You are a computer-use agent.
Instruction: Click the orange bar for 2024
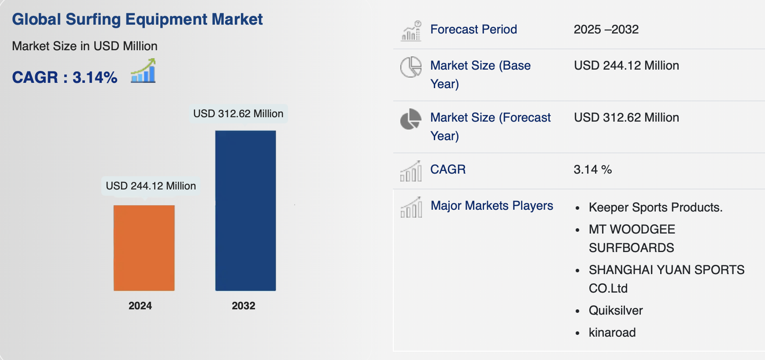(x=144, y=248)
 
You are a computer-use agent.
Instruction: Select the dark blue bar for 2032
(x=245, y=211)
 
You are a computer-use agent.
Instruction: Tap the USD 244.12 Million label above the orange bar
(x=151, y=186)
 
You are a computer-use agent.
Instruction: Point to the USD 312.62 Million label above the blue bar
(x=238, y=114)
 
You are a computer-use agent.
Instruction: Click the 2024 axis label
(x=140, y=306)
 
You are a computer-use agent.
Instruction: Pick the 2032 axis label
(x=244, y=306)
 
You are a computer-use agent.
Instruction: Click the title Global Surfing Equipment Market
(x=137, y=19)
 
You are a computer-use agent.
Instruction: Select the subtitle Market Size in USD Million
(x=85, y=46)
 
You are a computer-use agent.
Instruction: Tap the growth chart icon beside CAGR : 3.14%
(x=143, y=71)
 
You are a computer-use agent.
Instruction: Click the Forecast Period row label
(x=473, y=30)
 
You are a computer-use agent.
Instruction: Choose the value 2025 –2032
(x=606, y=30)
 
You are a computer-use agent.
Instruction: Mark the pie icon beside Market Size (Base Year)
(x=411, y=67)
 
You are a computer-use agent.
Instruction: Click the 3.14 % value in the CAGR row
(x=593, y=170)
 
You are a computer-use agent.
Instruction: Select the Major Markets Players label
(x=492, y=206)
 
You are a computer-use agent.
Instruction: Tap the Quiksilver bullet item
(x=616, y=311)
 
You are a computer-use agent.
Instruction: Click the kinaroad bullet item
(x=612, y=333)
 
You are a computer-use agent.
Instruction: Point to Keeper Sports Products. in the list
(x=656, y=208)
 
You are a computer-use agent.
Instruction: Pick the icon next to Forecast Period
(x=411, y=31)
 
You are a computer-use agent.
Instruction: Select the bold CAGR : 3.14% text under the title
(x=65, y=78)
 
